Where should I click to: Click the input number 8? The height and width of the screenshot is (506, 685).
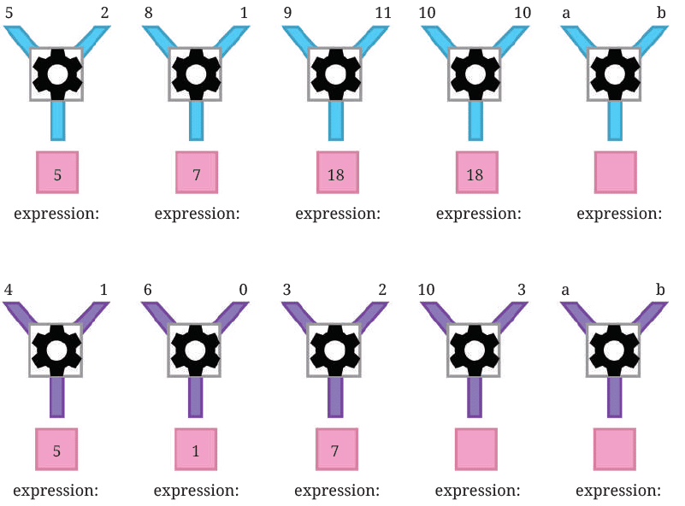pyautogui.click(x=149, y=13)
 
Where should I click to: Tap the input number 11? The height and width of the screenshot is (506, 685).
pyautogui.click(x=382, y=13)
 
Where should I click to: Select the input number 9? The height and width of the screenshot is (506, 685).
pyautogui.click(x=288, y=13)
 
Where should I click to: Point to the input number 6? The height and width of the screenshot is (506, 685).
pyautogui.click(x=149, y=290)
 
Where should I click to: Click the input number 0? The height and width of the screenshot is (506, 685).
pyautogui.click(x=243, y=290)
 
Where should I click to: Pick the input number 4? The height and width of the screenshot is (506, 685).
pyautogui.click(x=9, y=290)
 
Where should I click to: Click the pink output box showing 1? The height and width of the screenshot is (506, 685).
pyautogui.click(x=196, y=450)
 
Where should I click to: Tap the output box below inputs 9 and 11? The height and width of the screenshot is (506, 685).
pyautogui.click(x=336, y=173)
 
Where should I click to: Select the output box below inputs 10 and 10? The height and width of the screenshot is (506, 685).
pyautogui.click(x=476, y=173)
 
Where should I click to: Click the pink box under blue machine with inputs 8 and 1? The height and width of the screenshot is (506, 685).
pyautogui.click(x=196, y=173)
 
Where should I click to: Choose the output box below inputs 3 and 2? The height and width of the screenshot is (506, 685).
pyautogui.click(x=336, y=450)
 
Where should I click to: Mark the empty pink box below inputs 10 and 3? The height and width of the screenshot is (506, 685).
pyautogui.click(x=476, y=450)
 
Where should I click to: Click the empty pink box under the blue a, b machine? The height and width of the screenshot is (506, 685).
pyautogui.click(x=615, y=173)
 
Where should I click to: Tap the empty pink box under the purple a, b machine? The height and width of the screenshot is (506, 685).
pyautogui.click(x=615, y=450)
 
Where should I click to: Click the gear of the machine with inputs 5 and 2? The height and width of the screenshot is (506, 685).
pyautogui.click(x=56, y=74)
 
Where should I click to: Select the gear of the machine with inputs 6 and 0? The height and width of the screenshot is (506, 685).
pyautogui.click(x=196, y=350)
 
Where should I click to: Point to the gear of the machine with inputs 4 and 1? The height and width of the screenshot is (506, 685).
pyautogui.click(x=56, y=350)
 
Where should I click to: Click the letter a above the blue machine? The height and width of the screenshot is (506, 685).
pyautogui.click(x=565, y=13)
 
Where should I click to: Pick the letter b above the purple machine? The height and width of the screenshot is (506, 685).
pyautogui.click(x=660, y=290)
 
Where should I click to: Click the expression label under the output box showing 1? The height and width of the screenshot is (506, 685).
pyautogui.click(x=197, y=491)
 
